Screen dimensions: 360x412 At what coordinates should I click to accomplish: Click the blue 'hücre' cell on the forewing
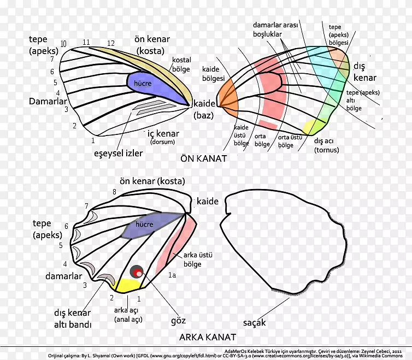tap(147, 84)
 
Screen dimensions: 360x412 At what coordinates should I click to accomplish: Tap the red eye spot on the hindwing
tap(137, 272)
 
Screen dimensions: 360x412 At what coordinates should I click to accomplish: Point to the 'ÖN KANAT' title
tap(203, 158)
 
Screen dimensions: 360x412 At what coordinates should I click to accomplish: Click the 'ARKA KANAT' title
tap(207, 337)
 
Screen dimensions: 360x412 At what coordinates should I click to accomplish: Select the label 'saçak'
tap(255, 322)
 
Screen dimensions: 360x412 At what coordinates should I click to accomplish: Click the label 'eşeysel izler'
tap(117, 154)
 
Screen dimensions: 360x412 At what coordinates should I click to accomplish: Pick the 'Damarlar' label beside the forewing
tap(48, 102)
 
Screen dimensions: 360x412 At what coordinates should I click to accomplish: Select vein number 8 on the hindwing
tap(114, 192)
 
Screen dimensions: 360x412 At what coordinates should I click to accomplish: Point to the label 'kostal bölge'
tap(181, 64)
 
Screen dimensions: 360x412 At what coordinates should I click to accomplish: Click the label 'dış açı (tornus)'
tap(327, 145)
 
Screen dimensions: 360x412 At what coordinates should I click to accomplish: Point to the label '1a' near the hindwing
tap(172, 275)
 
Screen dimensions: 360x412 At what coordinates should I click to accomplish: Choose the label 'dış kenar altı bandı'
tap(72, 318)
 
